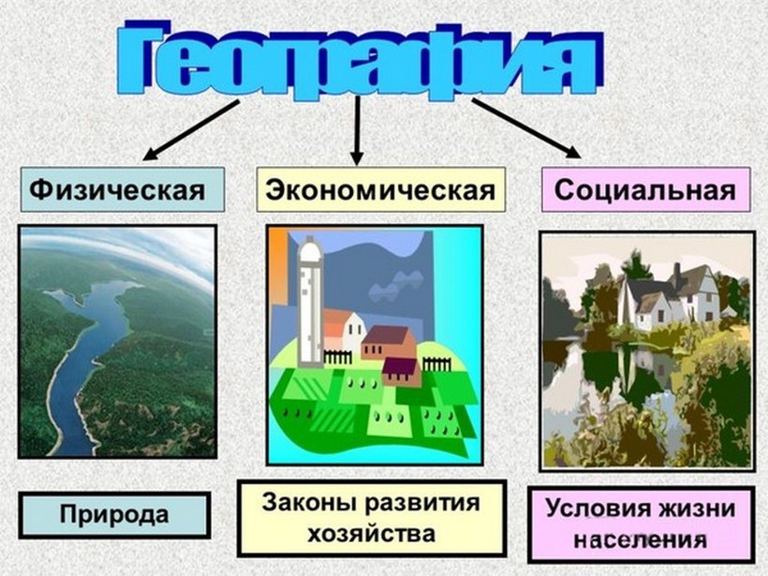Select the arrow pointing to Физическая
(x=191, y=130)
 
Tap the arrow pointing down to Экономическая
(x=358, y=130)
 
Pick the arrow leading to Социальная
(x=527, y=128)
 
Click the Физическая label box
(x=123, y=189)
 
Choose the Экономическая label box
(x=380, y=189)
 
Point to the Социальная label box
(x=645, y=189)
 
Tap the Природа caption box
(x=114, y=515)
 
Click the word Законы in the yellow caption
(x=299, y=503)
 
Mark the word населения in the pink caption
(x=641, y=540)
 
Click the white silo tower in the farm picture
(x=311, y=303)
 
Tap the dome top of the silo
(x=310, y=250)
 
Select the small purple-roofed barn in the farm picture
(x=402, y=371)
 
